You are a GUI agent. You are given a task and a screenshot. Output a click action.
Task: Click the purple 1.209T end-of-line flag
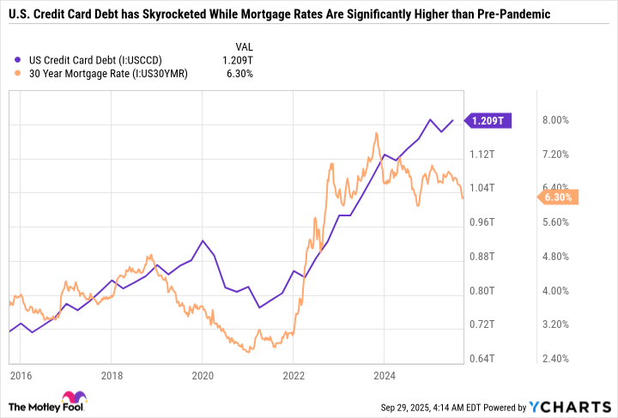point(488,121)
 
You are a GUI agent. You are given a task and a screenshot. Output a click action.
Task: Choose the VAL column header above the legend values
point(244,45)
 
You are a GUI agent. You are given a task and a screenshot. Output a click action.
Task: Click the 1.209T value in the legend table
point(238,59)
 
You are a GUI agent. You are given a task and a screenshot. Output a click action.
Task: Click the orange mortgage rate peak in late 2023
point(377,134)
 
